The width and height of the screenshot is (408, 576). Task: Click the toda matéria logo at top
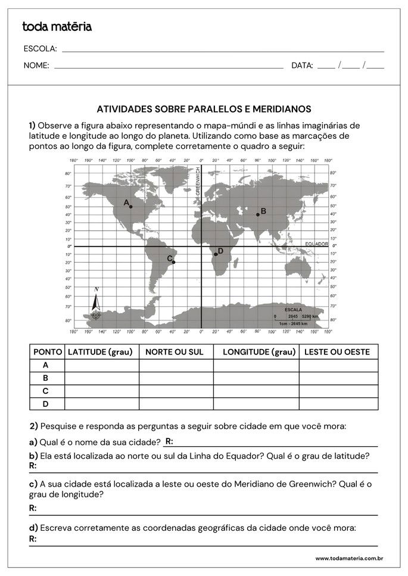(57, 27)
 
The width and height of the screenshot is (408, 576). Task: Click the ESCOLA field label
(40, 49)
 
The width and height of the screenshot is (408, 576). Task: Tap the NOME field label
(36, 66)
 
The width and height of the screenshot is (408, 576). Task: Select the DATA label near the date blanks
(302, 66)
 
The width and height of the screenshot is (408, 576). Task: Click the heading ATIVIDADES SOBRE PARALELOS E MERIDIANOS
(204, 109)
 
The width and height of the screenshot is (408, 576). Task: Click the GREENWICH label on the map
(198, 185)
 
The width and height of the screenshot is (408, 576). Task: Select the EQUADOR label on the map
(316, 244)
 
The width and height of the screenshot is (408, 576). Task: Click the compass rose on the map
(96, 307)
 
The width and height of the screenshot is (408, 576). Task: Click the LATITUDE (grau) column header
(100, 352)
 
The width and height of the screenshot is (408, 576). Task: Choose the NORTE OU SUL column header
(175, 352)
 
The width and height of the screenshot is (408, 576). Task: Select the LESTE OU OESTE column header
(337, 352)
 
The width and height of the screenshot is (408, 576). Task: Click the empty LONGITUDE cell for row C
(256, 391)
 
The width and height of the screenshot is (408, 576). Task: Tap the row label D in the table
(46, 404)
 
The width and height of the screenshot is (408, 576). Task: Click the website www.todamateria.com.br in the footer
(348, 558)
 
